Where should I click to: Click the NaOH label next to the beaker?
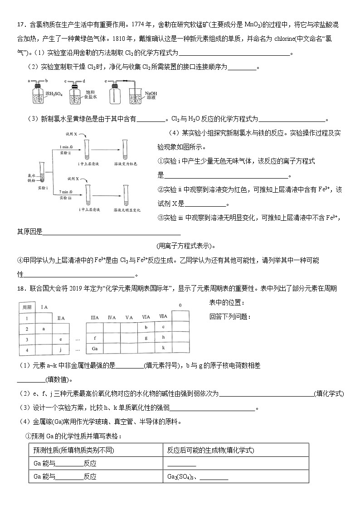click(151, 93)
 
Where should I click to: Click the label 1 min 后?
click(67, 147)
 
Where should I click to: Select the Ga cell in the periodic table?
click(95, 349)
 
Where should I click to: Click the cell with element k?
click(163, 348)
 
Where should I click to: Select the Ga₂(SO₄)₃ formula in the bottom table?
click(180, 477)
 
